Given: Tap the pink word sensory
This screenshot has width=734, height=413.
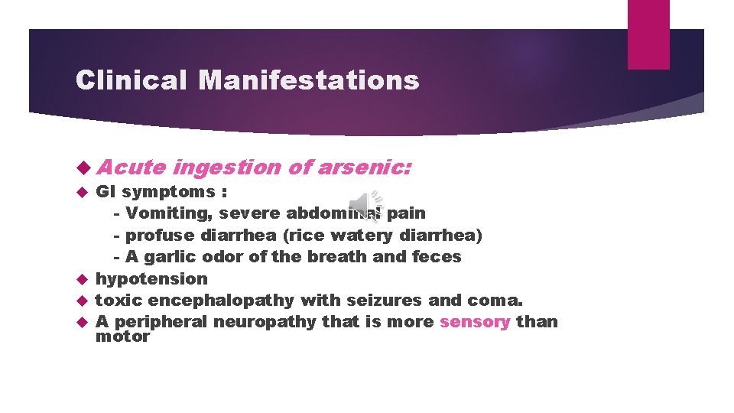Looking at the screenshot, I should pyautogui.click(x=475, y=322).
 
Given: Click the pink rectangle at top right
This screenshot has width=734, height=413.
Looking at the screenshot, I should pyautogui.click(x=648, y=34).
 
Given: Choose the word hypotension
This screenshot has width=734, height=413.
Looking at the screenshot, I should pyautogui.click(x=151, y=279).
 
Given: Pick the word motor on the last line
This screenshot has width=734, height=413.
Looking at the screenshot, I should pyautogui.click(x=122, y=337).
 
